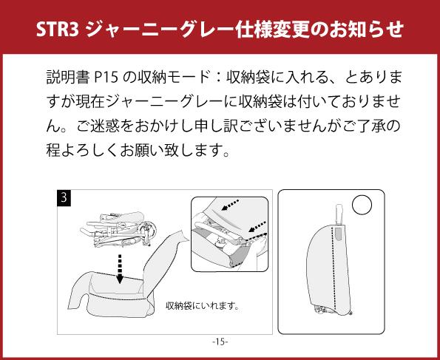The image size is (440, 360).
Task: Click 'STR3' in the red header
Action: (x=58, y=29)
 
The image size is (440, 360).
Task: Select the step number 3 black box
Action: (x=64, y=198)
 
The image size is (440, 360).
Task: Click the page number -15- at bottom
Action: (x=220, y=342)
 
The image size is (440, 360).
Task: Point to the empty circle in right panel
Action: (x=362, y=205)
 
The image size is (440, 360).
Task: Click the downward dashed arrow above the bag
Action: (x=120, y=269)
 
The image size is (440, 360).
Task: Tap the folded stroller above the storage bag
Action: (x=118, y=228)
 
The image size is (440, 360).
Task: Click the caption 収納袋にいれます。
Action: (x=203, y=305)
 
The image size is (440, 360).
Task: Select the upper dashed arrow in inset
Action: (x=230, y=205)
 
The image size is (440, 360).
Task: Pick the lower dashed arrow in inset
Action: (x=257, y=226)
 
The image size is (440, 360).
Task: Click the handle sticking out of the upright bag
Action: (x=339, y=214)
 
